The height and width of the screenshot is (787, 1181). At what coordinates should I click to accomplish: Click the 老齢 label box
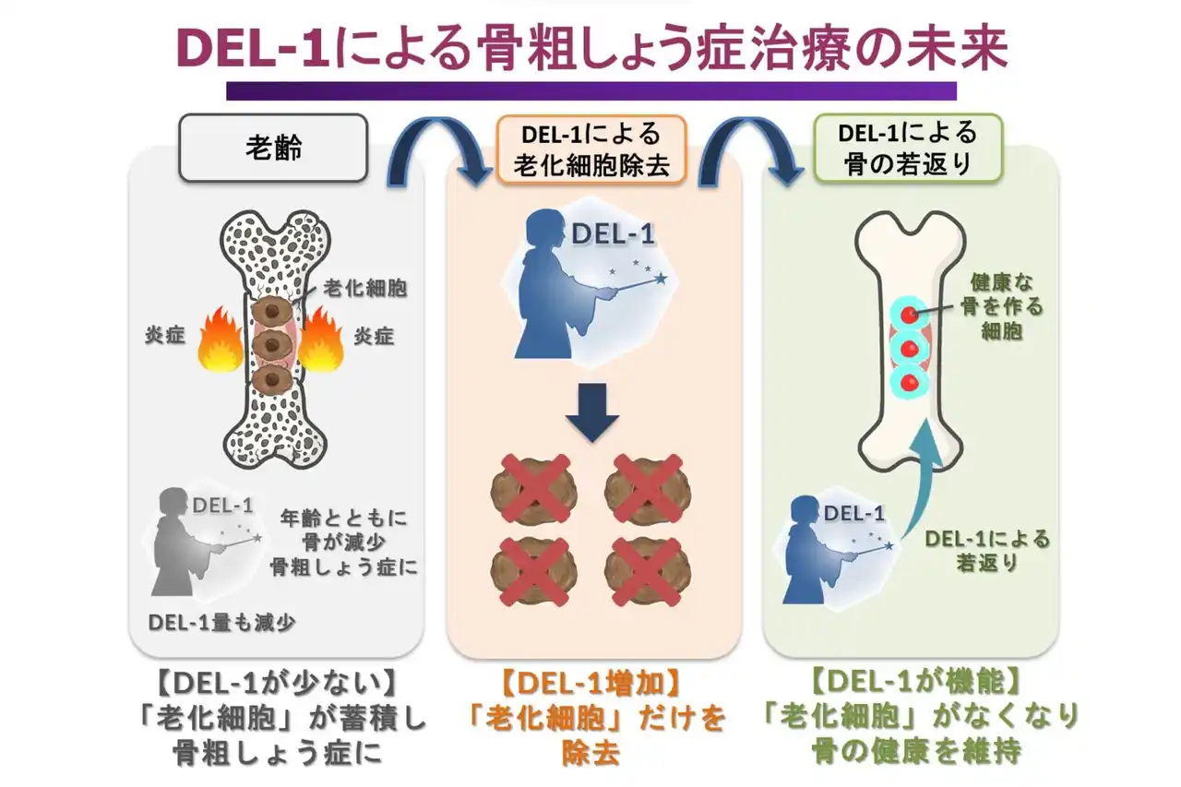coord(274,148)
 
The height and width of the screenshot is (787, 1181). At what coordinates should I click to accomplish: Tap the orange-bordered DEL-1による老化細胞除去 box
coord(591,149)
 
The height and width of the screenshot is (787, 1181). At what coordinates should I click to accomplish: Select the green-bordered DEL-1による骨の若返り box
coord(907,149)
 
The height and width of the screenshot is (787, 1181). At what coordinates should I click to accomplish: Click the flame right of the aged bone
coord(321,339)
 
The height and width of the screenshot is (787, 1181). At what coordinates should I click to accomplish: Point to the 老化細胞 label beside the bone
coord(365,288)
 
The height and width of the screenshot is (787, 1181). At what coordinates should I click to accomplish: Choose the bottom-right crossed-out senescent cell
coord(648,570)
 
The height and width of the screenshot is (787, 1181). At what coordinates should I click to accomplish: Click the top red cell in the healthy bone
coord(910,315)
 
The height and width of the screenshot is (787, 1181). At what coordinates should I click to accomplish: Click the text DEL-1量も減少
coord(221,622)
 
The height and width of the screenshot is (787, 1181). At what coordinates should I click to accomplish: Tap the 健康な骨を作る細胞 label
coord(1002,304)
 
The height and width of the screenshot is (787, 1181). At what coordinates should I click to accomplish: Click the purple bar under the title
coord(591,90)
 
